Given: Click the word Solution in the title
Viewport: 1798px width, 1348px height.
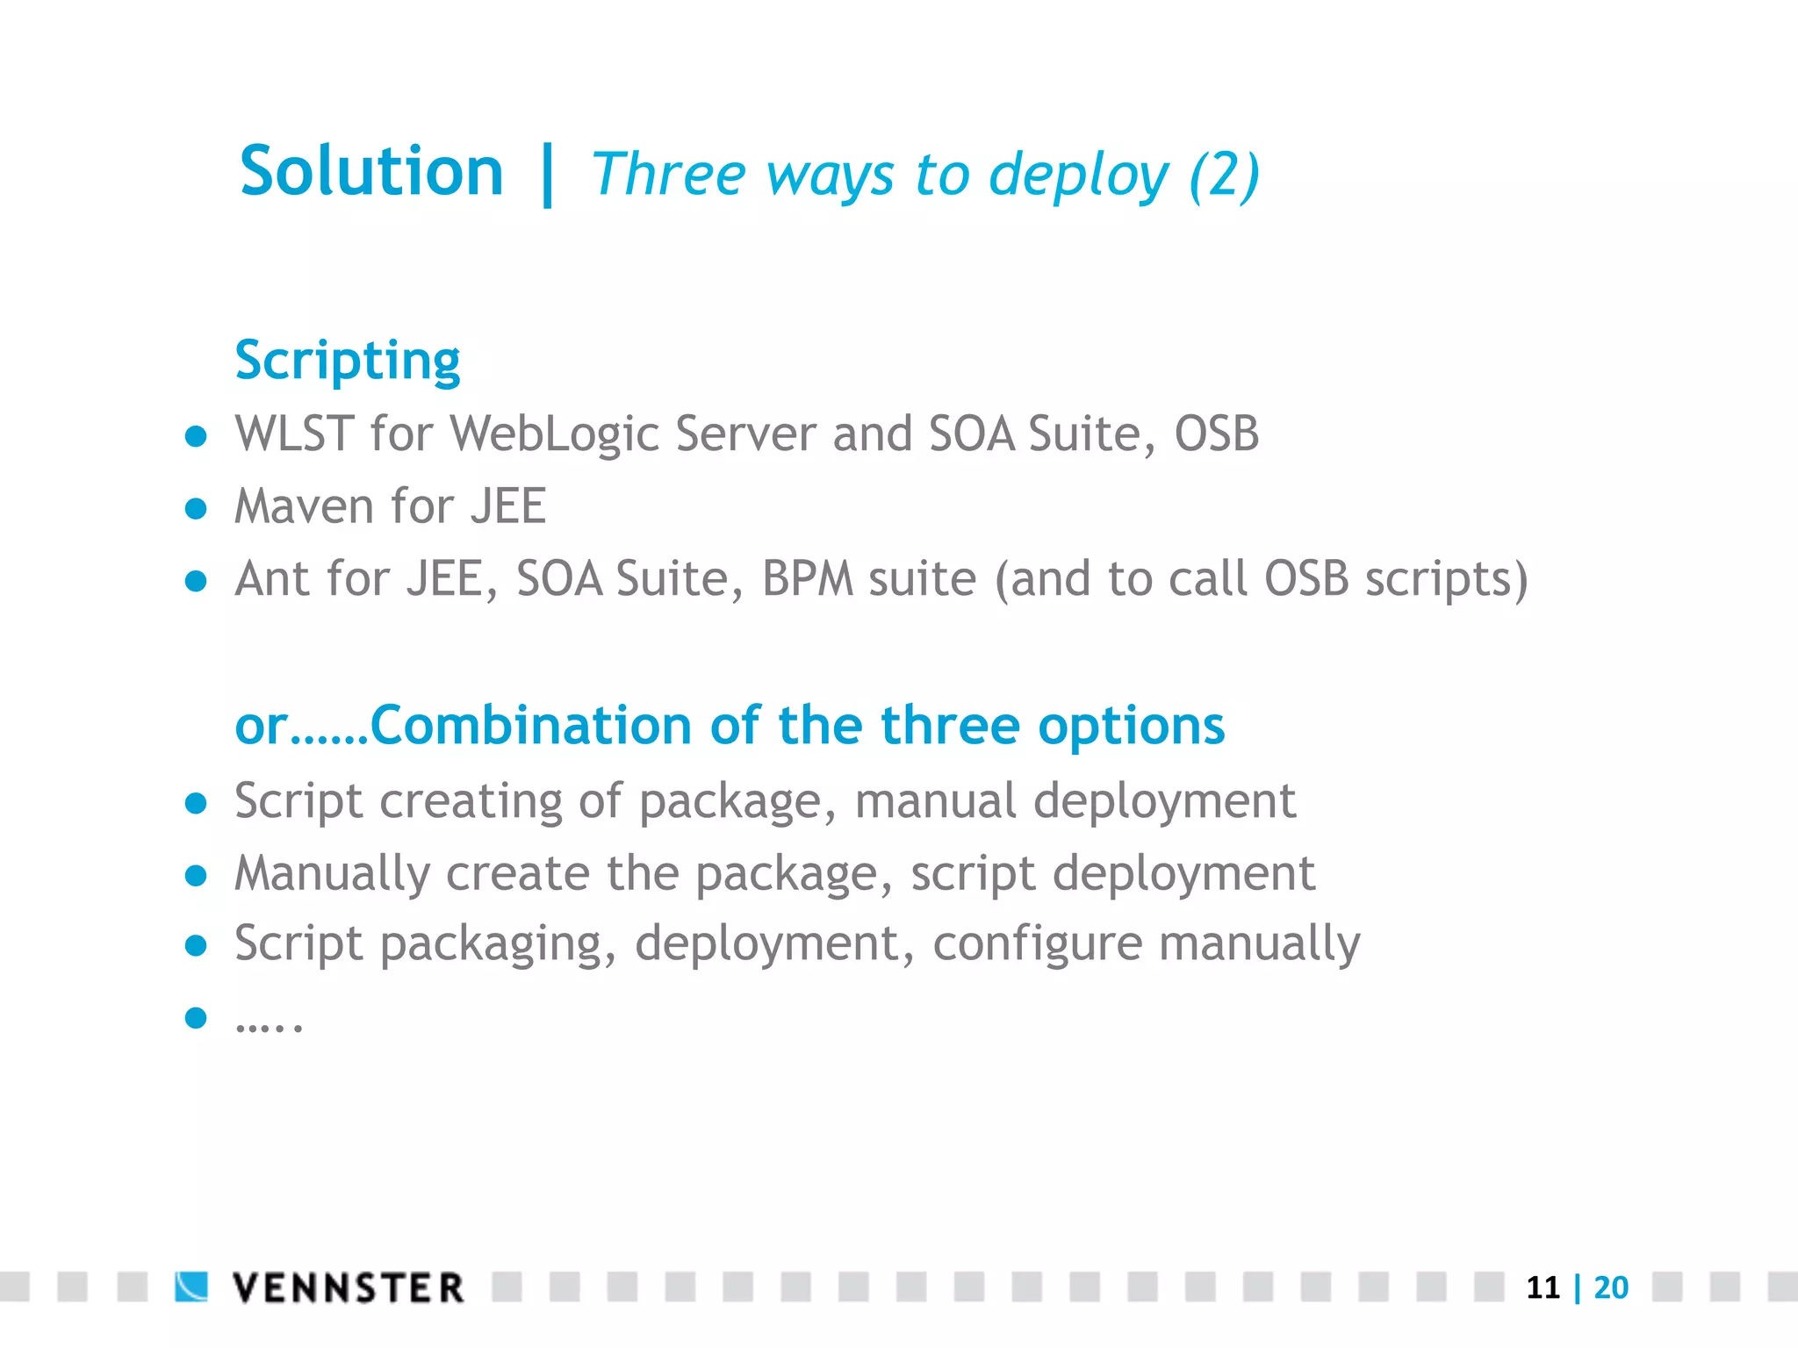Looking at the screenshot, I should (371, 171).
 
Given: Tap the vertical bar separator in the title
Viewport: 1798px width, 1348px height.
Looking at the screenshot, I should (548, 176).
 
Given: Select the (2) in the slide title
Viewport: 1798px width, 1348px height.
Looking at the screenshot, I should (1224, 176).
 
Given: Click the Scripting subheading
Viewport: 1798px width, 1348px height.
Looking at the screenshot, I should (348, 361).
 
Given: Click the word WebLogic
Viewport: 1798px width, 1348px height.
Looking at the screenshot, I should (555, 435).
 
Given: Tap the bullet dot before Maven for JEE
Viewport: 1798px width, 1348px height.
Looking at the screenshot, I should (196, 509).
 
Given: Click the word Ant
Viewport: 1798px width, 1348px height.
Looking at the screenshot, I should (272, 579).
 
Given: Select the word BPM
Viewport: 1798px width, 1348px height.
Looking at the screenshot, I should (808, 579).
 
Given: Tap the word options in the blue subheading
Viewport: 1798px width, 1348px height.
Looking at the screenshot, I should (1131, 728).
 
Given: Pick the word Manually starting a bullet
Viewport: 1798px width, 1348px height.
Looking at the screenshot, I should (332, 874).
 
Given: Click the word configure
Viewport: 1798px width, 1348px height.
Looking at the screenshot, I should (1037, 945).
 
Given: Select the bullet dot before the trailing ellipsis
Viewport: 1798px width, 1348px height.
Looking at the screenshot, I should (196, 1018).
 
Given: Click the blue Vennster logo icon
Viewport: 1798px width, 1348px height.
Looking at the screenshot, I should (191, 1287).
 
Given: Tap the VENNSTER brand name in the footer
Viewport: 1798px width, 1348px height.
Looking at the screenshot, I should (348, 1288).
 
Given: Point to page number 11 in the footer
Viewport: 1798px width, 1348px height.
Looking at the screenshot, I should (1543, 1288).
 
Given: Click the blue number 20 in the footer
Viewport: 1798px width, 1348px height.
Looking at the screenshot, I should (1611, 1288).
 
